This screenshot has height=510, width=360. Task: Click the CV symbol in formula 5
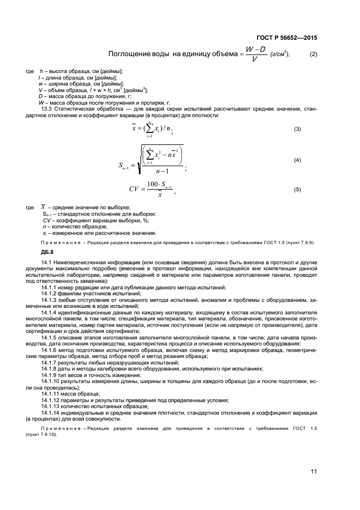pyautogui.click(x=135, y=190)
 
